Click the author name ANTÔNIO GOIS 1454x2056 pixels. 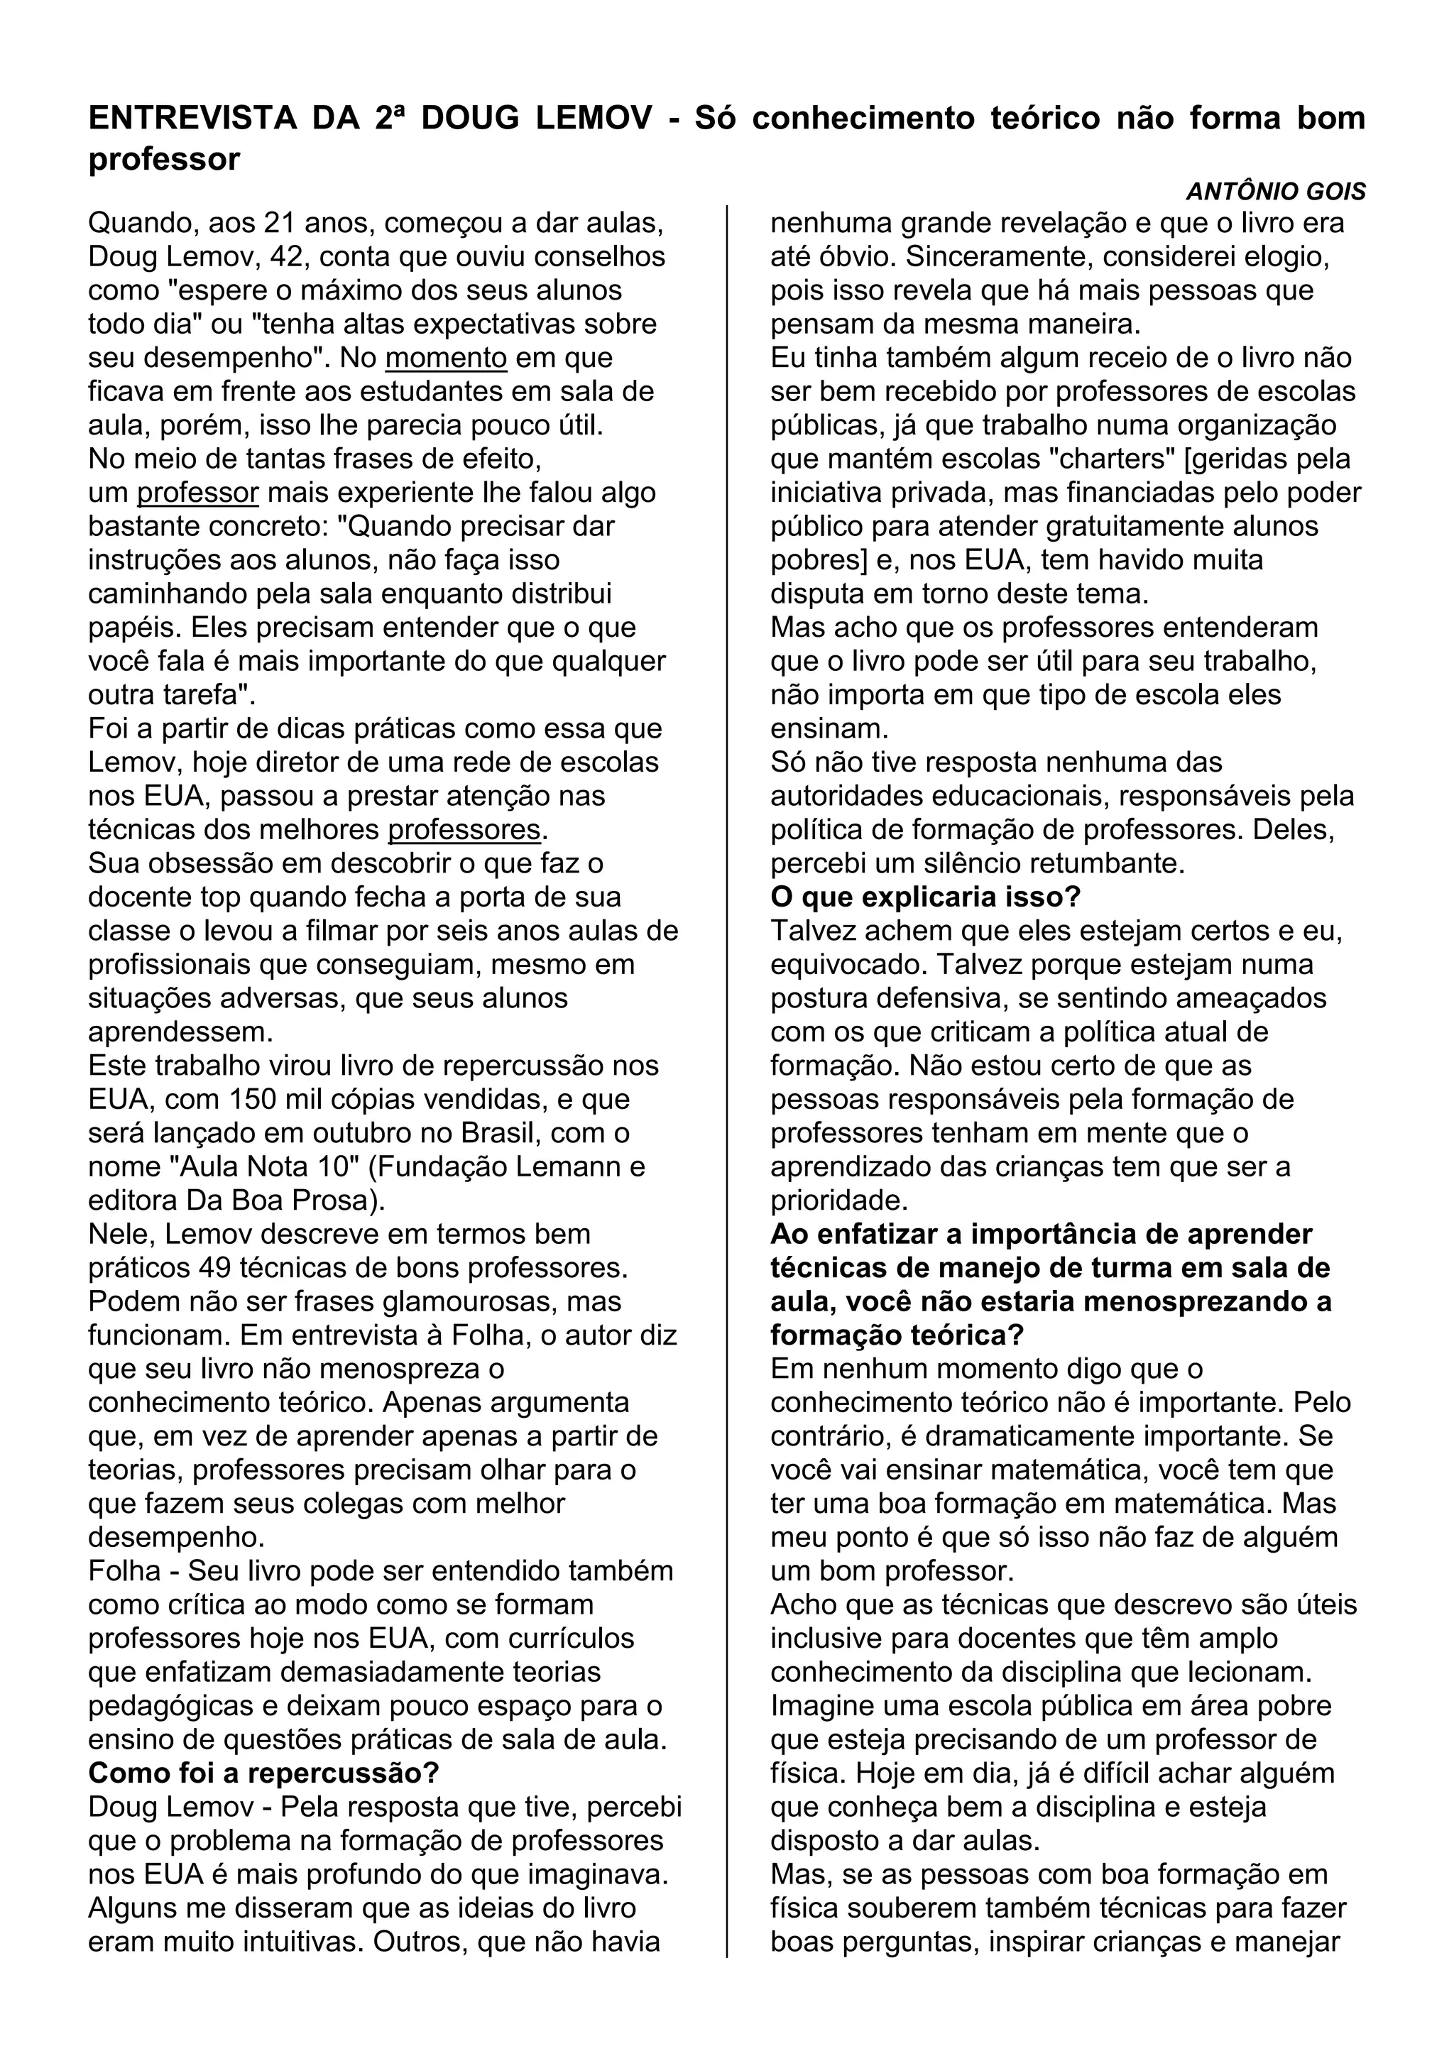1275,192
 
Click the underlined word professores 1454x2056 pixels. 464,830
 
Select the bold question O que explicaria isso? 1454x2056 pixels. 926,897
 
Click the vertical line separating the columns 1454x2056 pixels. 727,1075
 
